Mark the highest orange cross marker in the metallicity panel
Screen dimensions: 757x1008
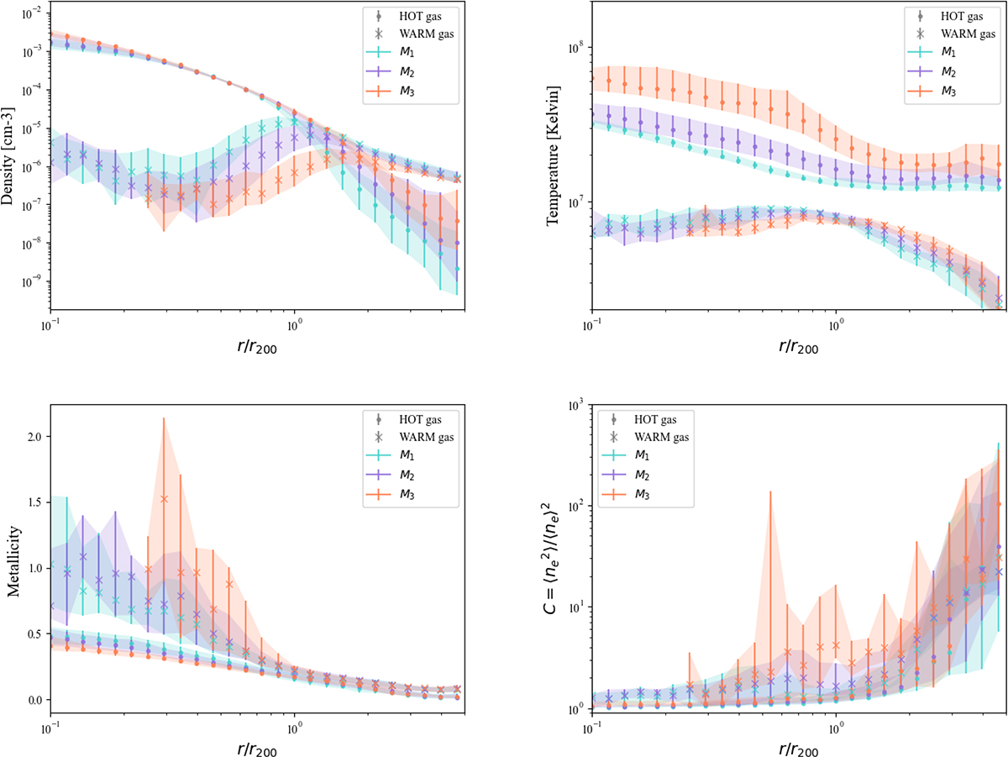click(x=164, y=498)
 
